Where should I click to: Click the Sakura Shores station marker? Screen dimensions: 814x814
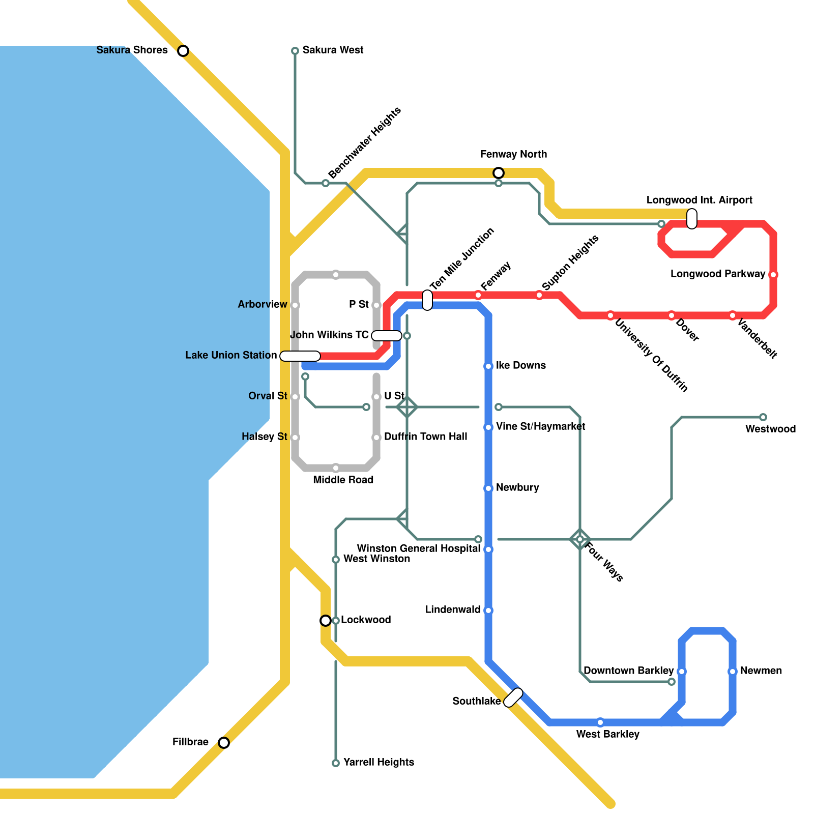[183, 51]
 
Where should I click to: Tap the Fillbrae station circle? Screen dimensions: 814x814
[224, 743]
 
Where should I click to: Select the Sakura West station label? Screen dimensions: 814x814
[333, 50]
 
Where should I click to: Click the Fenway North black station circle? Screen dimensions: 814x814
[499, 173]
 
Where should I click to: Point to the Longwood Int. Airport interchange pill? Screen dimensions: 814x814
[692, 219]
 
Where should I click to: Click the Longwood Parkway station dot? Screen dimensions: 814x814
[773, 275]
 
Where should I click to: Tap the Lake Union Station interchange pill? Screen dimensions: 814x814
[300, 356]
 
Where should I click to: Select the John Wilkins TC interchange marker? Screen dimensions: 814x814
[387, 336]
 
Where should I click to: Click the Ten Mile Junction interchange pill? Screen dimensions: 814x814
[427, 300]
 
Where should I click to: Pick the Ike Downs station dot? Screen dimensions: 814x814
[488, 366]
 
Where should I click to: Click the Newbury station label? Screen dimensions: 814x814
[517, 487]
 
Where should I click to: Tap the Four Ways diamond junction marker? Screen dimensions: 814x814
[580, 539]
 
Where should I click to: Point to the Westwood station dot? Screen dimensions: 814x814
[763, 417]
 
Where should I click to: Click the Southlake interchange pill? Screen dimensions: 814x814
[513, 697]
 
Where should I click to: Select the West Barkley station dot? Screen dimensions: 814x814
[600, 722]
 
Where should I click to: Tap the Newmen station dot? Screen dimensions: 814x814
[733, 672]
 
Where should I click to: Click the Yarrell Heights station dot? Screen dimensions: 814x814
[336, 763]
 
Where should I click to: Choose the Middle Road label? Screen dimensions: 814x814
[343, 480]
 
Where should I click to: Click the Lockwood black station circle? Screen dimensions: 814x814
[326, 621]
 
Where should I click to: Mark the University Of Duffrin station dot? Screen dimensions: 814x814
[610, 315]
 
